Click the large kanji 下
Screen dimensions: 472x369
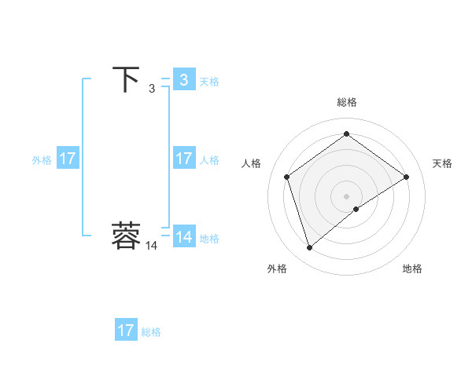(126, 79)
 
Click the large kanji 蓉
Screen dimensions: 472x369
(126, 236)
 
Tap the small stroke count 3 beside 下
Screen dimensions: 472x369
(152, 89)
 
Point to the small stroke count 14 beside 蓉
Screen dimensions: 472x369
(151, 246)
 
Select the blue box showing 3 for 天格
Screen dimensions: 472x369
(183, 80)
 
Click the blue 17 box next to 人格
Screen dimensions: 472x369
(183, 159)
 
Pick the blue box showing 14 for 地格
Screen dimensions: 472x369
(183, 237)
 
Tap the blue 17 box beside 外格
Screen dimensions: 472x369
(67, 159)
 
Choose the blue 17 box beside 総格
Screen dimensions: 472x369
(126, 331)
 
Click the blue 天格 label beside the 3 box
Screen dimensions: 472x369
(208, 82)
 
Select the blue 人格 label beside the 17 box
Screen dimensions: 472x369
(208, 160)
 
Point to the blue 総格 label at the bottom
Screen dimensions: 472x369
(151, 332)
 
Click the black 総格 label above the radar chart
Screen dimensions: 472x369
(346, 102)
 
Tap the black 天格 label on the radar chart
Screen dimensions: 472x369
(442, 163)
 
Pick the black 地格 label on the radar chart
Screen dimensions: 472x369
(412, 269)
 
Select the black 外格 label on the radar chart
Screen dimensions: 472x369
(277, 269)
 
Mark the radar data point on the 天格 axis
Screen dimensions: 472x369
(407, 177)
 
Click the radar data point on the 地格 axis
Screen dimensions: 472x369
(356, 209)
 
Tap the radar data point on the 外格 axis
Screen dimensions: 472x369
(310, 248)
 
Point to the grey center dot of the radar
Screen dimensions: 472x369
(346, 195)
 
